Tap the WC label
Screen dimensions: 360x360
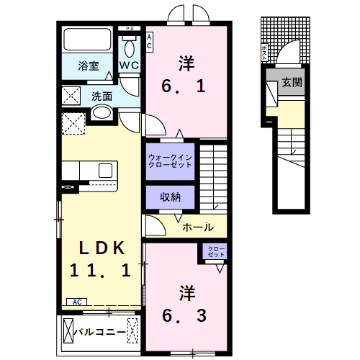(130, 66)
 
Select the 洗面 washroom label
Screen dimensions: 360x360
(102, 95)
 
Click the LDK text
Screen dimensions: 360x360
(102, 248)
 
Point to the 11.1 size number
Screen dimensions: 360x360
(100, 271)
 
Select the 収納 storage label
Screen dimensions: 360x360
(170, 197)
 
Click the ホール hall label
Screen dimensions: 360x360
(197, 227)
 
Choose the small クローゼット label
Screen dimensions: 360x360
(216, 253)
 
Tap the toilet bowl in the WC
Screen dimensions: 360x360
(130, 47)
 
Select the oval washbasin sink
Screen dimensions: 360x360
(101, 113)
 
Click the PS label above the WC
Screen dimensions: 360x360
(130, 28)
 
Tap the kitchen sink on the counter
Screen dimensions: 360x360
(105, 171)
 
